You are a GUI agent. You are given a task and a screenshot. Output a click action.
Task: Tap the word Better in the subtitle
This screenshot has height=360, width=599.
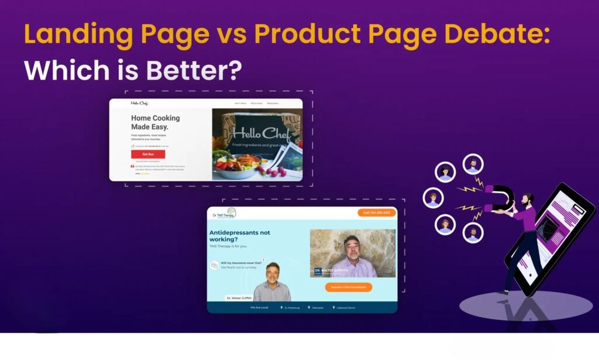[187, 70]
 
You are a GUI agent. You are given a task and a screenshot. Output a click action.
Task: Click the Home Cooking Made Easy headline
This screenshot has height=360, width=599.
[155, 122]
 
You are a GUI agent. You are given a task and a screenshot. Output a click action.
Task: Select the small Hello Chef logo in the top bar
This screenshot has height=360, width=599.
[139, 104]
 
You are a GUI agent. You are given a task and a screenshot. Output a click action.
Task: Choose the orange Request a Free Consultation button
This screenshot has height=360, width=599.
[349, 287]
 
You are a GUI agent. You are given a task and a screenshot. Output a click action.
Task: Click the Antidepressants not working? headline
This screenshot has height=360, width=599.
[240, 236]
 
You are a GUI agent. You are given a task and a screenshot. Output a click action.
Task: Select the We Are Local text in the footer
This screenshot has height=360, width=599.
[259, 307]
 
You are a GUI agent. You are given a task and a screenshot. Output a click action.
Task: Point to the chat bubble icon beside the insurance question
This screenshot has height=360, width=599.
[215, 265]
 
